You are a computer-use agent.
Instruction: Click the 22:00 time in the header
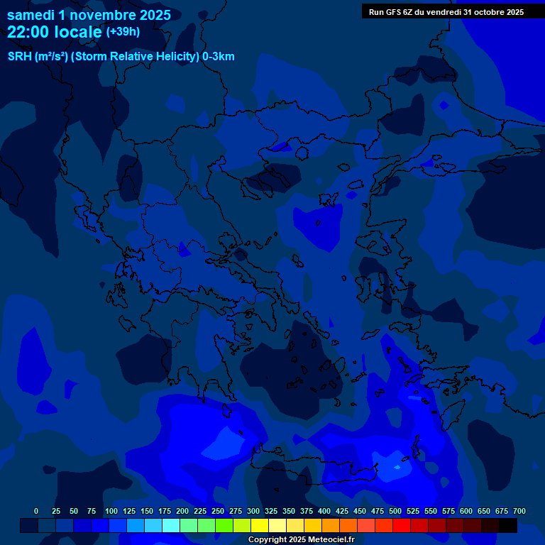tap(28, 32)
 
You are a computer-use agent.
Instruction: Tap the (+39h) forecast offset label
tap(122, 32)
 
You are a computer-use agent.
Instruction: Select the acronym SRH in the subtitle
tap(19, 57)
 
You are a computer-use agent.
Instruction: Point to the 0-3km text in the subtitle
tap(218, 57)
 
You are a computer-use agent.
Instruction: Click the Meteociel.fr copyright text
tap(301, 540)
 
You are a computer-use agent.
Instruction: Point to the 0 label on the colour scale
tap(36, 511)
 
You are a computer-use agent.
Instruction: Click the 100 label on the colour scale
tap(111, 511)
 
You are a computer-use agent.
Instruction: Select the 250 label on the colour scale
tap(218, 511)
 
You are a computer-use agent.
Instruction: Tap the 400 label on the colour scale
tap(324, 511)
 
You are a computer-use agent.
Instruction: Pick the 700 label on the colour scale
tap(519, 511)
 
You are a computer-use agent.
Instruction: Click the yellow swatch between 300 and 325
tap(260, 526)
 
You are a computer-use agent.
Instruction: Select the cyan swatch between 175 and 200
tap(171, 526)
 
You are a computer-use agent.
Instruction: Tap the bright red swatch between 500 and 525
tap(402, 526)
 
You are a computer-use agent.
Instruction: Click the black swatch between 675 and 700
tap(508, 526)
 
